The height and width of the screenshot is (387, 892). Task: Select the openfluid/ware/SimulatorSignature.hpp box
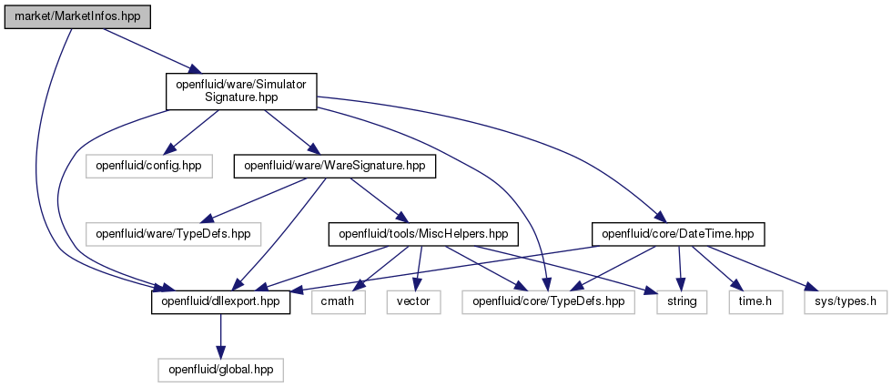pyautogui.click(x=241, y=91)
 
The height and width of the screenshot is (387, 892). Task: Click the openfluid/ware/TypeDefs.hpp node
pyautogui.click(x=173, y=234)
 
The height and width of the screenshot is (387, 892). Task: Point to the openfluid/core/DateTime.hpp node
pyautogui.click(x=677, y=234)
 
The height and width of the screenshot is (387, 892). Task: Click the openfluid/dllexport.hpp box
pyautogui.click(x=220, y=301)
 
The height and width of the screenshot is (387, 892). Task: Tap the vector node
pyautogui.click(x=413, y=301)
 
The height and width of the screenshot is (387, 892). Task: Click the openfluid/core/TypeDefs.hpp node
pyautogui.click(x=548, y=301)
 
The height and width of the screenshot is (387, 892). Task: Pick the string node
pyautogui.click(x=682, y=301)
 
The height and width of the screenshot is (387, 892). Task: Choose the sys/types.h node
pyautogui.click(x=846, y=301)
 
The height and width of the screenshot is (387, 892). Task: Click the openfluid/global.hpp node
pyautogui.click(x=220, y=370)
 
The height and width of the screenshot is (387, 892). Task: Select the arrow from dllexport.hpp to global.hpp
pyautogui.click(x=220, y=336)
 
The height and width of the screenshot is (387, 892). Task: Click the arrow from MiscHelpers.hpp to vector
pyautogui.click(x=418, y=268)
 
